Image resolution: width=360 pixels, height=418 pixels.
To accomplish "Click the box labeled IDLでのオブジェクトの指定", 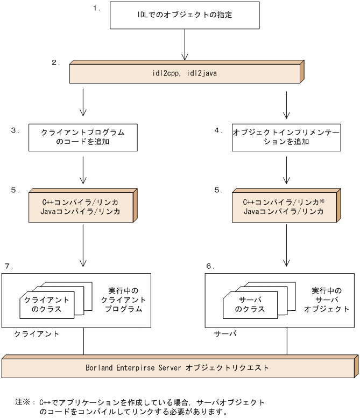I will [185, 15].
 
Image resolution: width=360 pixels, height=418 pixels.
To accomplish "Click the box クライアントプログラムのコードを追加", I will [82, 137].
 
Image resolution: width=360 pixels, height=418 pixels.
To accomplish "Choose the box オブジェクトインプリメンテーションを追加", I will [286, 137].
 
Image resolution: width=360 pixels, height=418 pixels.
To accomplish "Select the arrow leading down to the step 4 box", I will [286, 104].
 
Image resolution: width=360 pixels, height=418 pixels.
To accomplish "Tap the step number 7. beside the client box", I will [9, 267].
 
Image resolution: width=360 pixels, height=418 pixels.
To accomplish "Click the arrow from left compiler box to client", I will [83, 246].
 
